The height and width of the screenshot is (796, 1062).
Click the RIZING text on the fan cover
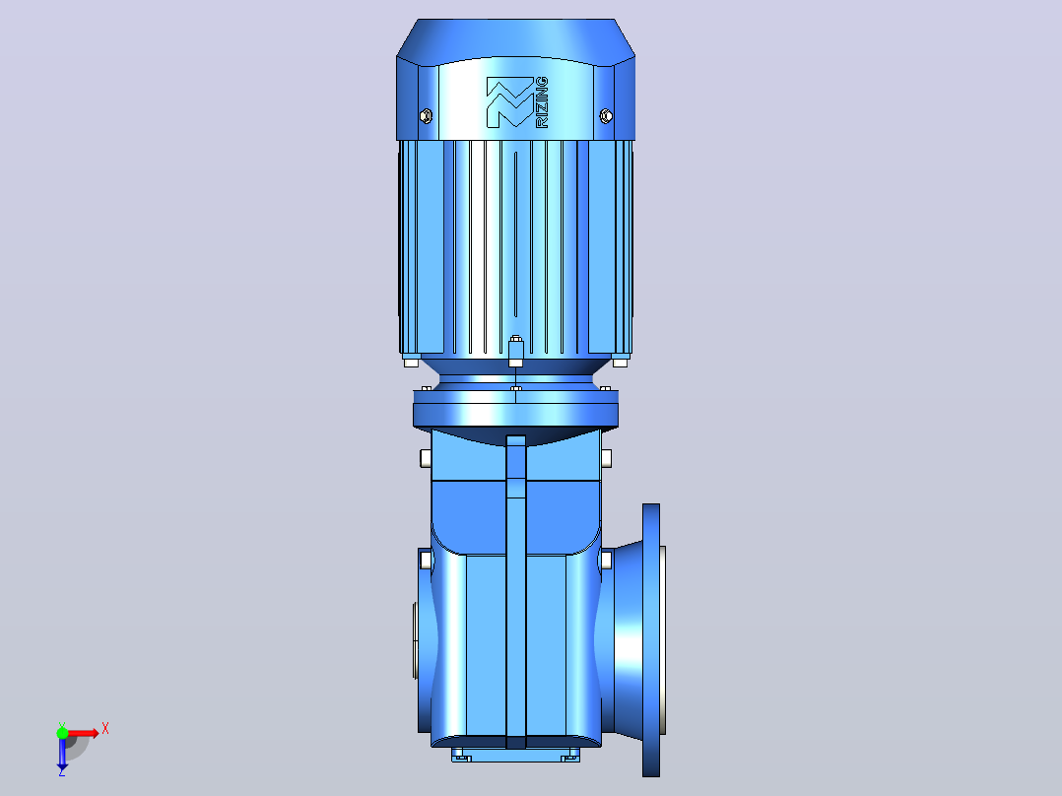point(542,102)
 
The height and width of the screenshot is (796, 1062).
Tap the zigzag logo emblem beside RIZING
point(510,102)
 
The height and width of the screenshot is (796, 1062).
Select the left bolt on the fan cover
point(426,116)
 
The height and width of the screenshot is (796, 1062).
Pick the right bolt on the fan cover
point(606,116)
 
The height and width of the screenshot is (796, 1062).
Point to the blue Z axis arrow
point(62,752)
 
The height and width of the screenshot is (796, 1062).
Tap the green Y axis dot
point(62,732)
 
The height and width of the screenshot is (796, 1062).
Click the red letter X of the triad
point(105,729)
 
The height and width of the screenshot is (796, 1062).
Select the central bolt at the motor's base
point(515,351)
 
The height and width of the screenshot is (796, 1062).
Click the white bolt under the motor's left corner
point(411,363)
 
